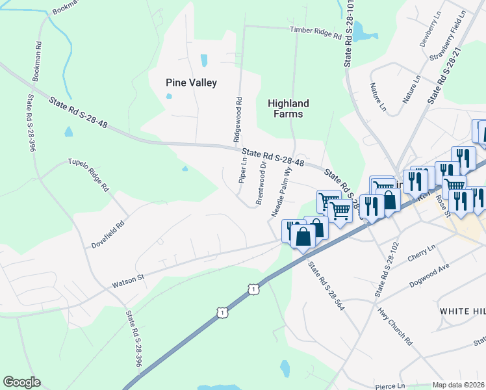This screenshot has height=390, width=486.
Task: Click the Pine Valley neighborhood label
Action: click(x=191, y=83)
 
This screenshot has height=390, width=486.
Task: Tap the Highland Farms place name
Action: click(x=288, y=109)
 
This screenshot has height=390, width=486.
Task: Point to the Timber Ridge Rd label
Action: click(x=315, y=33)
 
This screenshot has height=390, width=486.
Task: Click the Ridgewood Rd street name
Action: click(x=238, y=120)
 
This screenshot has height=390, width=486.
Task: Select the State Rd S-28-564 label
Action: click(x=326, y=285)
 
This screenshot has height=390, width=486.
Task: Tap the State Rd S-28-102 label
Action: click(x=385, y=269)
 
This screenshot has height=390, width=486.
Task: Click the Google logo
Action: click(x=22, y=382)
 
